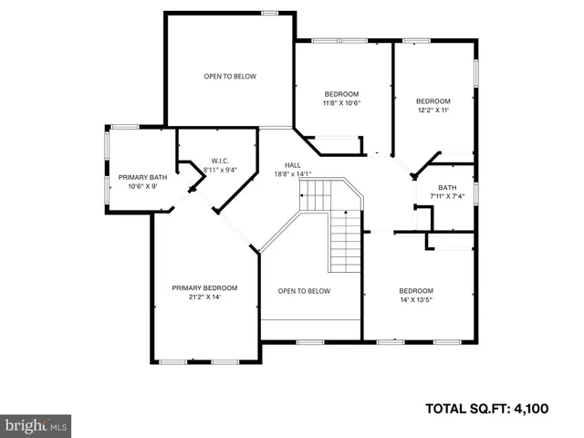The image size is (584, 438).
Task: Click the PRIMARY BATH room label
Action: [x=142, y=177]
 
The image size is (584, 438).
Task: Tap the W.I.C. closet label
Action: [x=219, y=161]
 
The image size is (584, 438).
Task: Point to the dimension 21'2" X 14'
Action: [x=204, y=297]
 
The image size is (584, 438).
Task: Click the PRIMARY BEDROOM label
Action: [x=204, y=287]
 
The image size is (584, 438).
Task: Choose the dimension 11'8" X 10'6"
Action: [x=342, y=102]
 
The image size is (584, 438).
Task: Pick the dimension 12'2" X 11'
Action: [x=433, y=109]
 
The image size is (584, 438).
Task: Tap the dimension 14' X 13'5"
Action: [x=415, y=299]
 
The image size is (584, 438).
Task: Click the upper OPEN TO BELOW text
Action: [x=229, y=76]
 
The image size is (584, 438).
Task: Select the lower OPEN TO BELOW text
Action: [x=304, y=291]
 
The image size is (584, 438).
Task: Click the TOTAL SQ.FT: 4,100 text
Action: [x=487, y=409]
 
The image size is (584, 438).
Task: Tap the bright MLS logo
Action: [x=36, y=425]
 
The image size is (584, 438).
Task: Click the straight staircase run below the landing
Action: [x=345, y=240]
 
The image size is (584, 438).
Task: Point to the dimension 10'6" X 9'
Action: [x=142, y=186]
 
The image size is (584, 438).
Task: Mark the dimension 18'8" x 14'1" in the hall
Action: [x=293, y=174]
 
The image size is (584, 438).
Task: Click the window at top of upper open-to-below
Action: [x=269, y=13]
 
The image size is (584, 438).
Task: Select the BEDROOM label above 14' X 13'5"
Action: [x=415, y=290]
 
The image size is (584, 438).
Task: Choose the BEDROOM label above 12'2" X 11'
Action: [x=433, y=100]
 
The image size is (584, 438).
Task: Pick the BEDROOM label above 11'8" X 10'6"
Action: [x=342, y=93]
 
